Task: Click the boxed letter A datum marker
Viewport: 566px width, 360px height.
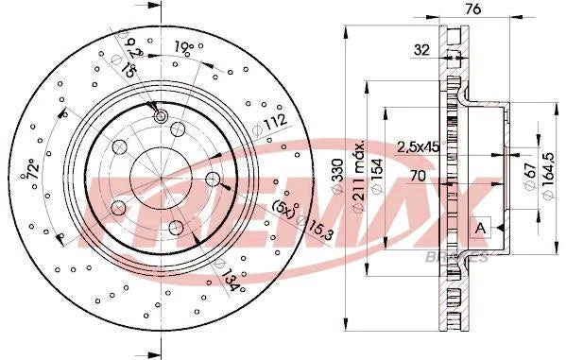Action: (x=481, y=227)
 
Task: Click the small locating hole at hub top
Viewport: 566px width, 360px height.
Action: (x=161, y=116)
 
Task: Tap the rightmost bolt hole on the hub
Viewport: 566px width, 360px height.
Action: (x=213, y=180)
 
